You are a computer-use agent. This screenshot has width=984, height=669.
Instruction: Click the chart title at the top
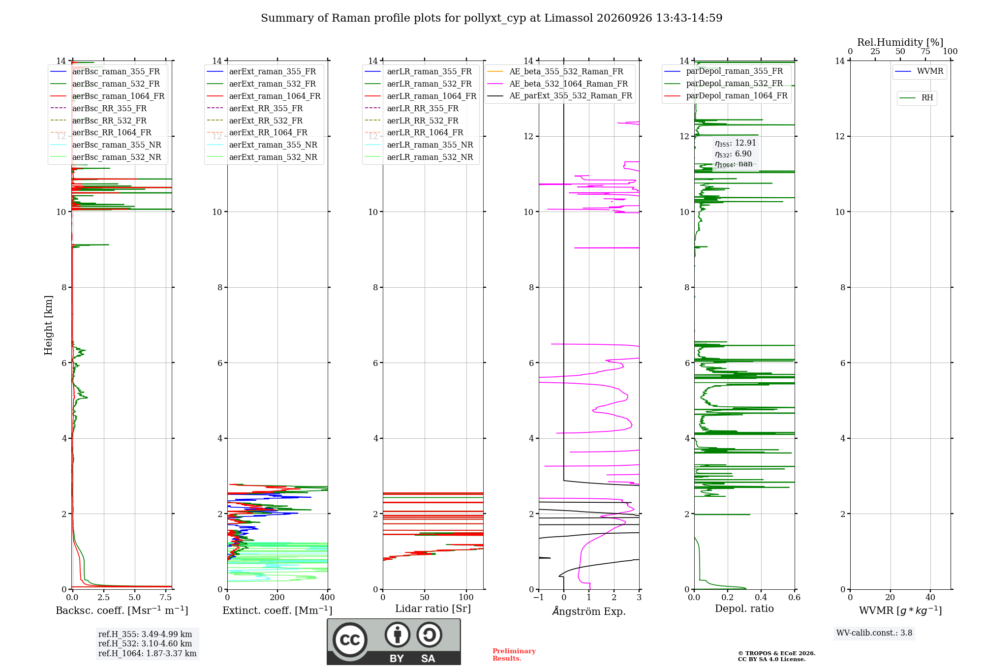[492, 18]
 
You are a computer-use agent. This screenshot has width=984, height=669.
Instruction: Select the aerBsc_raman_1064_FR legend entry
[107, 96]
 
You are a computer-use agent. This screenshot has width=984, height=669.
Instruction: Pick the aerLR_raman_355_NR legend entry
[419, 145]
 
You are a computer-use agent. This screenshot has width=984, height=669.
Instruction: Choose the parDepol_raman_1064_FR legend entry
[726, 95]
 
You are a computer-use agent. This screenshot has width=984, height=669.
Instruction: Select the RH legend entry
[917, 98]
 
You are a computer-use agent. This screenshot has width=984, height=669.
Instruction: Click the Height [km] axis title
[48, 325]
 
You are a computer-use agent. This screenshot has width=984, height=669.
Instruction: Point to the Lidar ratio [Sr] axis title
[433, 608]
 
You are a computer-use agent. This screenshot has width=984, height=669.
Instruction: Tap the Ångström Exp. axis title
[589, 610]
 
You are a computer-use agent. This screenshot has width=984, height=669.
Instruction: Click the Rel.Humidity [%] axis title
[900, 42]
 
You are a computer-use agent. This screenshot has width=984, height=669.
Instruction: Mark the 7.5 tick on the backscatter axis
[166, 597]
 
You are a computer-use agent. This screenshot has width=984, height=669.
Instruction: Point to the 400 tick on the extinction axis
[328, 597]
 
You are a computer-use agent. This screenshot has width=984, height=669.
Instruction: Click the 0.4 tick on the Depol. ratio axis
[761, 597]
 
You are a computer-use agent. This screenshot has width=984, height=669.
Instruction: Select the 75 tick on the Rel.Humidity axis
[925, 52]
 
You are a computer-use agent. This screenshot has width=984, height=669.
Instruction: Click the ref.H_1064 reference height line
[148, 653]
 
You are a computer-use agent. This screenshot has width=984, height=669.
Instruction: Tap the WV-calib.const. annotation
[874, 633]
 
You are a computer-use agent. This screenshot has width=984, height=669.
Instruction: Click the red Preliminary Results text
[514, 655]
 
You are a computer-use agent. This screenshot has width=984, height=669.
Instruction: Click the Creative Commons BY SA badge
[394, 642]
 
